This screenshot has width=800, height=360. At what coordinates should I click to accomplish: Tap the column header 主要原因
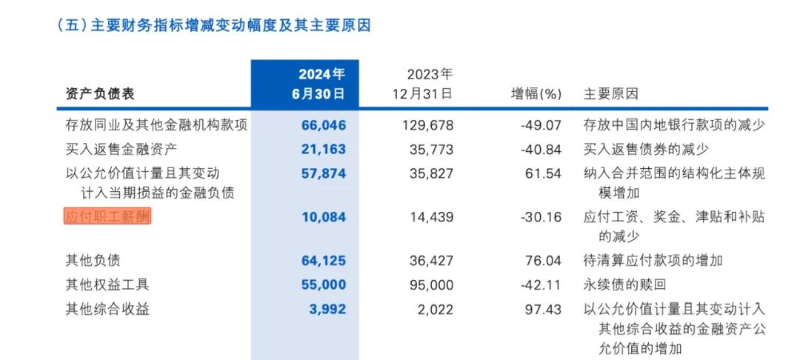[611, 94]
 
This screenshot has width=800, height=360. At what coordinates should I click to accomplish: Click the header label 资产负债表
[100, 94]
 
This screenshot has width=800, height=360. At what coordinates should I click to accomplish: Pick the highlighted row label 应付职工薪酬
[107, 216]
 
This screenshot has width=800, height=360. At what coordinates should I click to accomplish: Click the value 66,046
[324, 125]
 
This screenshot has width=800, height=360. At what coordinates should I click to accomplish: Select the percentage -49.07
[541, 125]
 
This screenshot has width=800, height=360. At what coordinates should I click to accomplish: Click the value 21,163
[324, 149]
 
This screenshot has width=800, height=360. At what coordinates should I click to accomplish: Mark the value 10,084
[324, 217]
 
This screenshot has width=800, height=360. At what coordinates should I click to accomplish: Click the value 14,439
[431, 217]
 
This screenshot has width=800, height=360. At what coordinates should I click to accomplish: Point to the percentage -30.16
[541, 217]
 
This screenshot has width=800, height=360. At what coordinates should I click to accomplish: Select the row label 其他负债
[93, 260]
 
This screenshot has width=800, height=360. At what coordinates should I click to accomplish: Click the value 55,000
[324, 284]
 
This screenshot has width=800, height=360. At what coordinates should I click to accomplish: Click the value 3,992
[327, 309]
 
